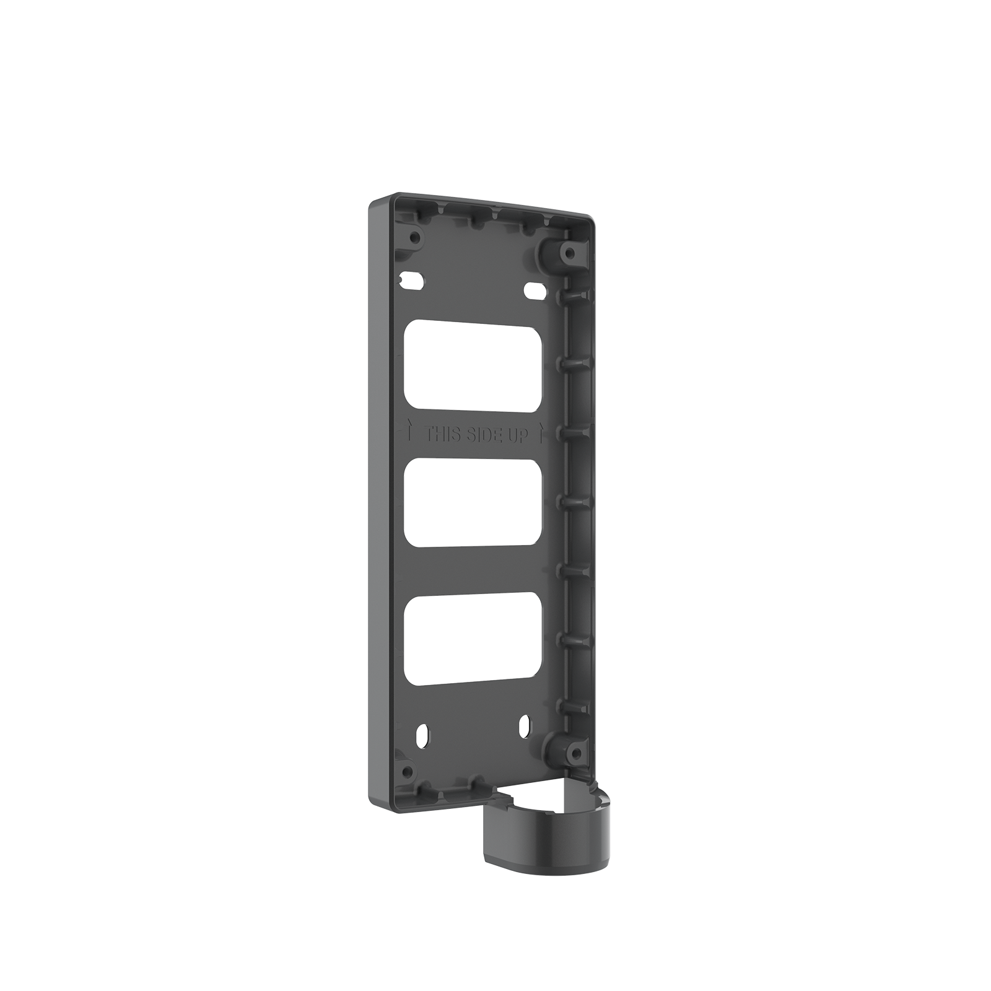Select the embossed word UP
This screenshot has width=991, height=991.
click(519, 437)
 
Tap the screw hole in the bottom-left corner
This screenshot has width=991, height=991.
click(407, 772)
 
